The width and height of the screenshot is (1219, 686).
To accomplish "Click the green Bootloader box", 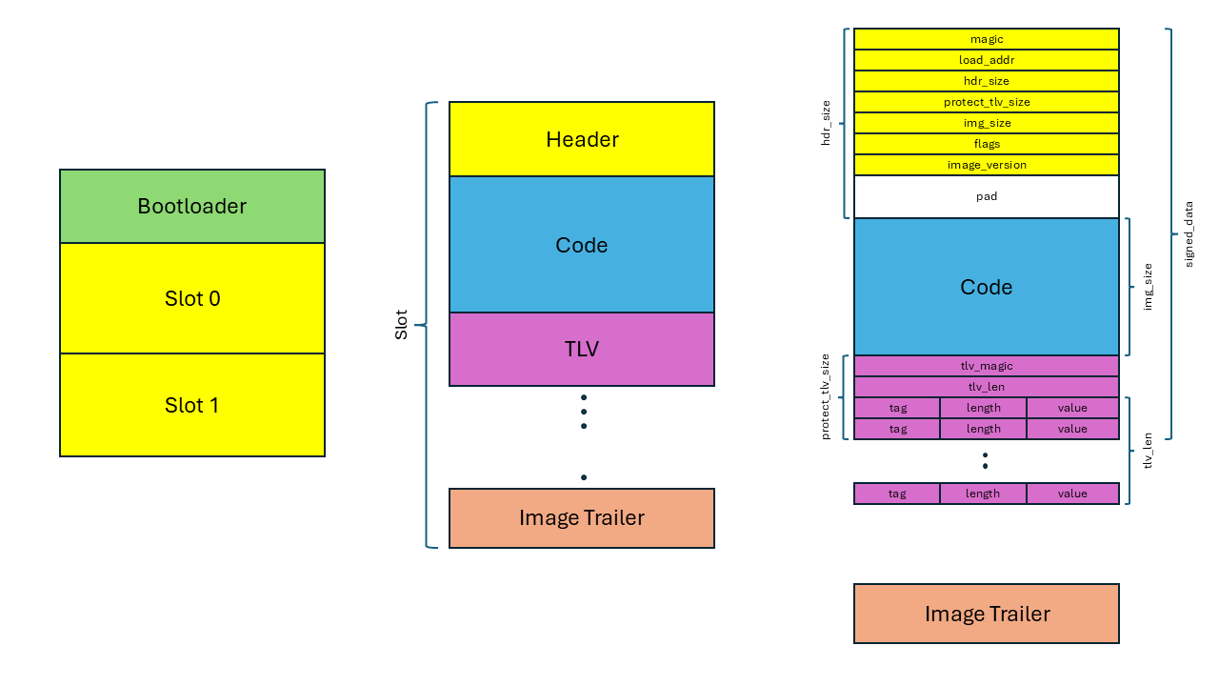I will point(192,207).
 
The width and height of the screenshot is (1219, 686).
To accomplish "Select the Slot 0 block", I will point(192,298).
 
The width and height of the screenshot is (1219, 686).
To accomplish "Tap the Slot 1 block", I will point(192,405).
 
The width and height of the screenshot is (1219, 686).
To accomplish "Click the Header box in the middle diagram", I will point(582,139).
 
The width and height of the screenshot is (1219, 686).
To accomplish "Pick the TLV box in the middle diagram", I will point(582,349).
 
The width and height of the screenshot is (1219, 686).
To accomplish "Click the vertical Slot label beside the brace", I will point(401,325).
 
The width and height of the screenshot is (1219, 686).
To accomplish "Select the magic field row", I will point(987,39).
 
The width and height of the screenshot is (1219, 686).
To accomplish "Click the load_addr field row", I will point(987,60).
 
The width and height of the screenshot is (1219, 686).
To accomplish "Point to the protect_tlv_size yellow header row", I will point(987,102).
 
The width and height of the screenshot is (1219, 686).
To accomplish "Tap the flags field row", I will point(987,144).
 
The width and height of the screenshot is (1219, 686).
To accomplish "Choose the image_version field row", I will point(987,165).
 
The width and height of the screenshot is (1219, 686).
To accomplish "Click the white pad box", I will point(987,196).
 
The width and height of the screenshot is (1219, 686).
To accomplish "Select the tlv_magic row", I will point(987,366).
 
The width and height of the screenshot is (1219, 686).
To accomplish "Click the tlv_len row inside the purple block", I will point(987,387).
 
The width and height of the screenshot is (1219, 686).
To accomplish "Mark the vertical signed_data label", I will point(1189,233).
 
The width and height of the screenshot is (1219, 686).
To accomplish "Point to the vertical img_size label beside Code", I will point(1148,287).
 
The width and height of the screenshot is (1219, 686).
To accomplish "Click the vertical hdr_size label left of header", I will point(826,122).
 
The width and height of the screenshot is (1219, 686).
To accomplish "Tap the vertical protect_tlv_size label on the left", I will point(826,396).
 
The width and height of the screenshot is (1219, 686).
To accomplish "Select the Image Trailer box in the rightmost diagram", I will point(987,614).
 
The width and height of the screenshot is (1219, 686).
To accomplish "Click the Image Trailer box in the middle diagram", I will point(582,518).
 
